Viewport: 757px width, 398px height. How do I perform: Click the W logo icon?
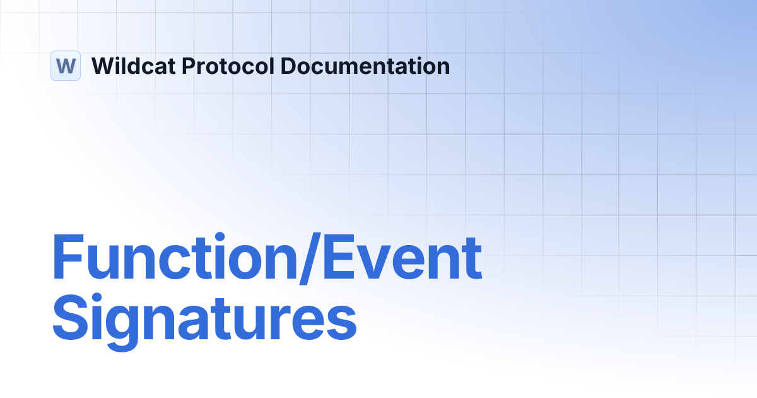[x=66, y=66]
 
